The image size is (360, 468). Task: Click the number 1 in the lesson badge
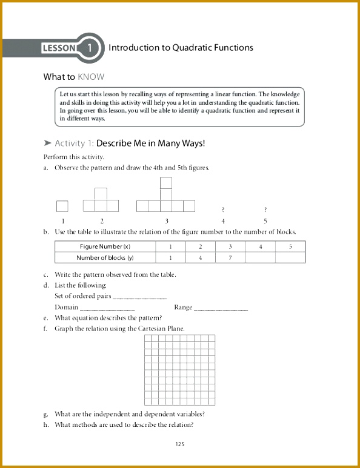(x=89, y=48)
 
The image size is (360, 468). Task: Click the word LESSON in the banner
(x=59, y=48)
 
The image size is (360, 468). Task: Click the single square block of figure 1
(x=62, y=206)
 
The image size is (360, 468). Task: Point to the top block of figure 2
(x=101, y=194)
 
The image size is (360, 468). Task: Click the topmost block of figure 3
(x=166, y=183)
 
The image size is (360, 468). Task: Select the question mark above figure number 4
(x=224, y=209)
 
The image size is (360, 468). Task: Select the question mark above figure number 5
(x=265, y=209)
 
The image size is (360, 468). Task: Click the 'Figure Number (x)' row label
(x=105, y=247)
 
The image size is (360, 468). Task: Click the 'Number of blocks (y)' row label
(x=105, y=258)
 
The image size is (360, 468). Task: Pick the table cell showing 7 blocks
(x=230, y=258)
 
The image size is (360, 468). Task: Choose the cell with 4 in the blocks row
(x=201, y=258)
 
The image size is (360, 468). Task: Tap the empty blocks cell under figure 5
(x=290, y=258)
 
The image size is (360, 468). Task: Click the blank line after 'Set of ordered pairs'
(x=140, y=297)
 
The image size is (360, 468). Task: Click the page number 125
(x=179, y=444)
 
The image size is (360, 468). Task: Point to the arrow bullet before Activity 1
(x=47, y=143)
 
